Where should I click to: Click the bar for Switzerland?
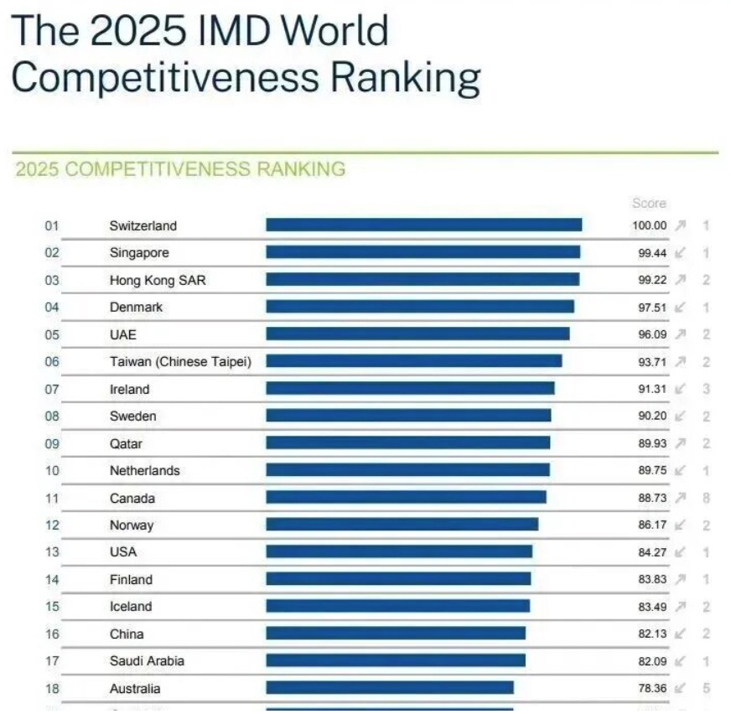point(423,225)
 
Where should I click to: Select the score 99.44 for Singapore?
point(652,252)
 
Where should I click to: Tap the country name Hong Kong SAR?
point(157,280)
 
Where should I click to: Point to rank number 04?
point(52,307)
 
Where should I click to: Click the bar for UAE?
point(417,334)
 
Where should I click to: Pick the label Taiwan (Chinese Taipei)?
point(180,361)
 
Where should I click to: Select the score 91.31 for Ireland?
point(652,389)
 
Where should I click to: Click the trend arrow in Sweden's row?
point(680,416)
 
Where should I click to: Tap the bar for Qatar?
point(408,442)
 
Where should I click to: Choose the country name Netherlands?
point(144,470)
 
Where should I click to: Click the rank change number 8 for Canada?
point(707,498)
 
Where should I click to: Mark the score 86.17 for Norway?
point(652,525)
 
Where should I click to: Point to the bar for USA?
point(399,551)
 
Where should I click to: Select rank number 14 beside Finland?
point(52,579)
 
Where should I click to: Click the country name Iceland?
point(131,606)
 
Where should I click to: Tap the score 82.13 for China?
point(652,634)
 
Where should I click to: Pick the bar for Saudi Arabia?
point(396,660)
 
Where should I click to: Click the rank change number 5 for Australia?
point(707,688)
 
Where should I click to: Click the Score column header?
point(649,203)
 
